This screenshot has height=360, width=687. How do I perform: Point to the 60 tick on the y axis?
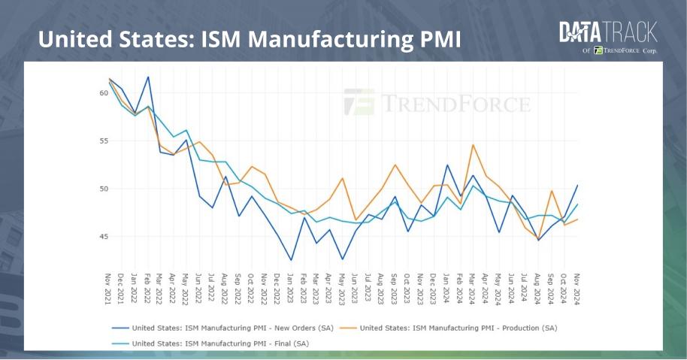point(103,93)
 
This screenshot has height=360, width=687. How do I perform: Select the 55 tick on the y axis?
point(103,141)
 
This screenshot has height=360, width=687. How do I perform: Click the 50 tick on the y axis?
point(103,189)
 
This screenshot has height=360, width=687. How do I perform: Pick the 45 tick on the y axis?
point(103,237)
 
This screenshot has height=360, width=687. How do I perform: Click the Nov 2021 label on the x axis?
point(109,289)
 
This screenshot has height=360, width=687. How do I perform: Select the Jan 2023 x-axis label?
point(291,289)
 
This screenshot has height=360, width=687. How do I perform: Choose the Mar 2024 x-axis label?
point(473,289)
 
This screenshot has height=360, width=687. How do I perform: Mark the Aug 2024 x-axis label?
point(539,289)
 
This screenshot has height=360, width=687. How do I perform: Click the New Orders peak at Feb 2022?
point(148,77)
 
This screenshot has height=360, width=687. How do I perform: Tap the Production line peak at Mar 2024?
point(473,145)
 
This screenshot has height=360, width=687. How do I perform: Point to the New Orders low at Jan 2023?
point(291,260)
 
